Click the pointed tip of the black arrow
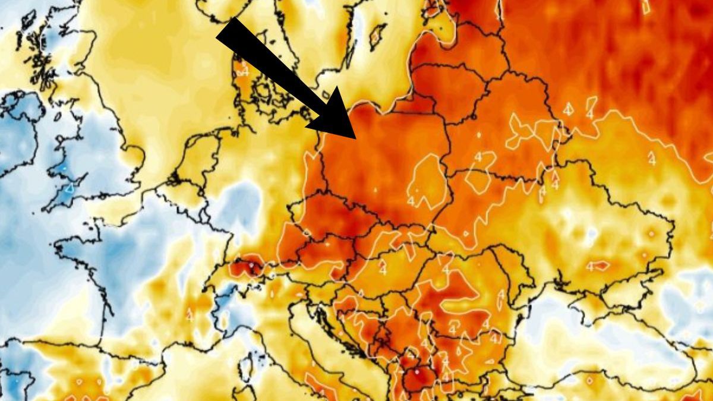(355, 138)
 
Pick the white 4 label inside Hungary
(383, 269)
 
